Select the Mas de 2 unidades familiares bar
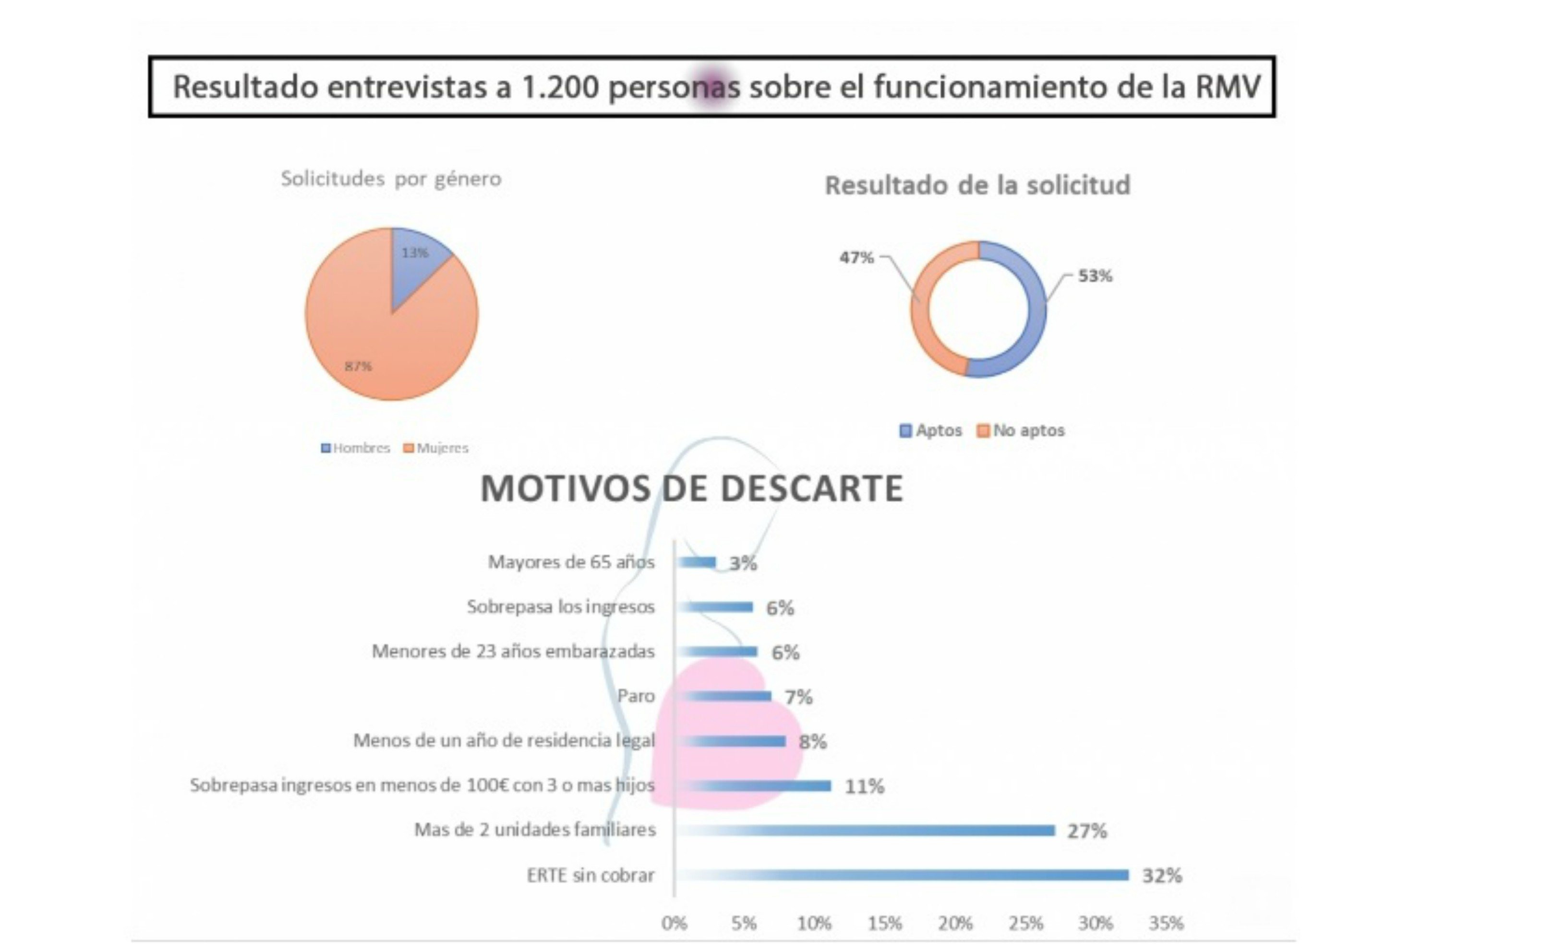click(x=865, y=830)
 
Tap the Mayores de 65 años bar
click(x=697, y=562)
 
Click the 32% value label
click(x=1161, y=876)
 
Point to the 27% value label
click(x=1086, y=831)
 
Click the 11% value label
click(x=864, y=786)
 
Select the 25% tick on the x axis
click(x=1025, y=923)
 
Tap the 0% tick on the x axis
click(x=674, y=923)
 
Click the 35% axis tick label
click(x=1166, y=923)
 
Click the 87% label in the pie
click(x=358, y=366)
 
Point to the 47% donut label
click(x=856, y=258)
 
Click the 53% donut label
click(x=1095, y=276)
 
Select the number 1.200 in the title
click(x=560, y=87)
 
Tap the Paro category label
click(x=635, y=696)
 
